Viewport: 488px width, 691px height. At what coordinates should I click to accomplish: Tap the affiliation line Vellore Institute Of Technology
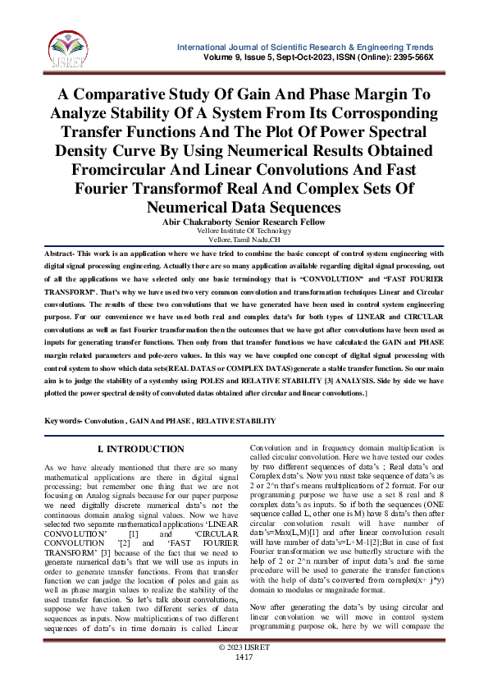click(x=244, y=231)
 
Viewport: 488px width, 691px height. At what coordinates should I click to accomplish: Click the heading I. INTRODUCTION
click(x=141, y=450)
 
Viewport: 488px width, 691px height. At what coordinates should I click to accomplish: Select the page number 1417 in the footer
click(x=244, y=680)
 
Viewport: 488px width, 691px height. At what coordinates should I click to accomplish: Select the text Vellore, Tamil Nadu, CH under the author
click(x=244, y=240)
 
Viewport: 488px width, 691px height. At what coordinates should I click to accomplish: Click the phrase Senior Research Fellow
click(x=284, y=222)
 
